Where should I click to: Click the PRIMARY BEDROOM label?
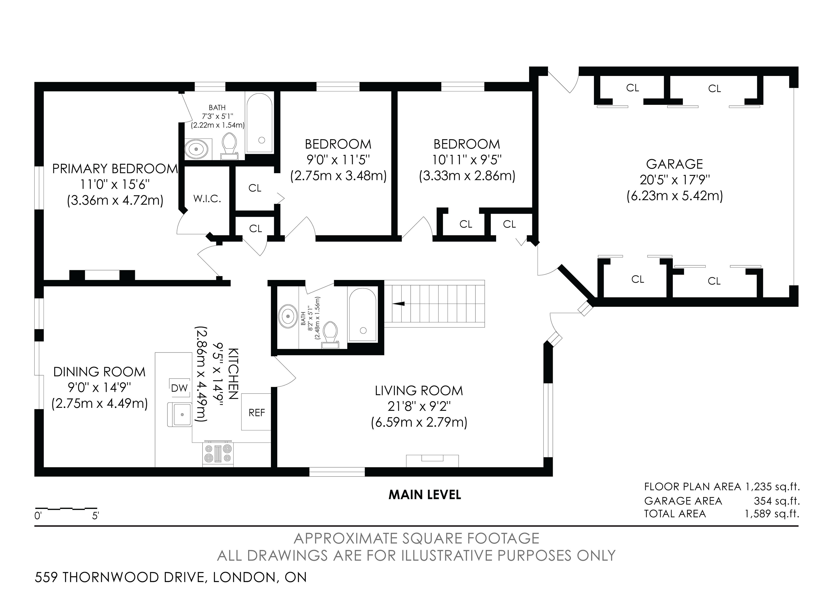pos(115,169)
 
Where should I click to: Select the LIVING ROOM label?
pos(419,391)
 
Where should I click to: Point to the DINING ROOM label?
pos(99,372)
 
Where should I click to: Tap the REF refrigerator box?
pos(256,412)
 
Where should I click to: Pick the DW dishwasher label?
pos(179,388)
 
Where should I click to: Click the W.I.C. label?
pos(207,199)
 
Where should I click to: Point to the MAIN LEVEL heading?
pos(425,495)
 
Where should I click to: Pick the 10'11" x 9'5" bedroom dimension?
pos(467,160)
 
